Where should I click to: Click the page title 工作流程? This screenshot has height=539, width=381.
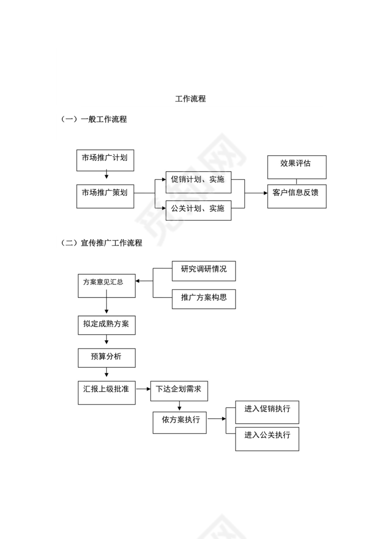190,99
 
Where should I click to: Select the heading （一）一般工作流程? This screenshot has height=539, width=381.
94,119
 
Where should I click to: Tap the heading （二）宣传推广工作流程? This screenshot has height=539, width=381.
101,243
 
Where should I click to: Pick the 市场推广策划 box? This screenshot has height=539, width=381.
105,197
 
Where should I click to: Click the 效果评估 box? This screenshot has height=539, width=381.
297,167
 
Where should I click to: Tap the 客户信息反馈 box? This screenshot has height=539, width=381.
297,196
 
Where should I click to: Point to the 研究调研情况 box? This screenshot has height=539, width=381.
204,270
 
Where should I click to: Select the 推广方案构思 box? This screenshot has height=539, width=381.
204,299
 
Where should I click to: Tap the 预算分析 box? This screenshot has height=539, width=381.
106,358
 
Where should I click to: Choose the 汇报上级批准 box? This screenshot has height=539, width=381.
106,392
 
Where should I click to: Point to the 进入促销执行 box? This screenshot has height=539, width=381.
267,412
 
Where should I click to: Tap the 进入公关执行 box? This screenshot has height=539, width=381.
267,438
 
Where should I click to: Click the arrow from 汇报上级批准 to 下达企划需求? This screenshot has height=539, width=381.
143,388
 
